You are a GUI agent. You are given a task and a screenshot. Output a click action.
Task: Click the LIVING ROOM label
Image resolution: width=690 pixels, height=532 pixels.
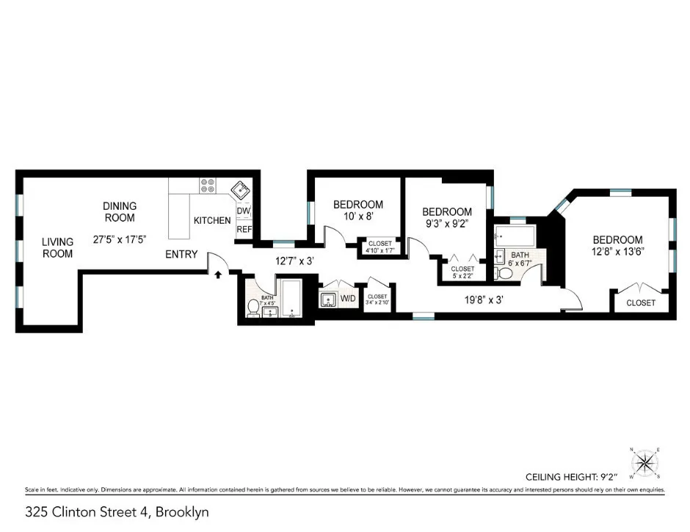(57, 247)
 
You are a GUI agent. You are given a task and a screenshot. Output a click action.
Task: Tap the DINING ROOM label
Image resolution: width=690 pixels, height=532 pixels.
(119, 212)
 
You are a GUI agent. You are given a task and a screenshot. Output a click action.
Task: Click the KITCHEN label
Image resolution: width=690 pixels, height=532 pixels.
(212, 220)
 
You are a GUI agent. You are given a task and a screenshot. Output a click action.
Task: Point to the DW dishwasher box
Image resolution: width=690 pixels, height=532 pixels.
(244, 212)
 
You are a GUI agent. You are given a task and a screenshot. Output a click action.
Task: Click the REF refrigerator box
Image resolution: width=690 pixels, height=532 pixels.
(244, 229)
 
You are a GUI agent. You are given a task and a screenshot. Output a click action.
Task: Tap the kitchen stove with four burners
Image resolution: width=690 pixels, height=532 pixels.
(208, 187)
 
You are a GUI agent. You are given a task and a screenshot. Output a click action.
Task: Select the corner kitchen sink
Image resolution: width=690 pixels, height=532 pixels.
(239, 189)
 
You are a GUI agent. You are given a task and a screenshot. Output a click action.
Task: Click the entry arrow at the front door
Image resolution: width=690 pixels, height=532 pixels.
(218, 276)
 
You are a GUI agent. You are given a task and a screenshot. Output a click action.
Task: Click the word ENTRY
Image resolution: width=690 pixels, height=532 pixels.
(181, 255)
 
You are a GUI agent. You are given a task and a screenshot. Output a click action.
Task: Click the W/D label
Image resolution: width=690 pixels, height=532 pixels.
(347, 299)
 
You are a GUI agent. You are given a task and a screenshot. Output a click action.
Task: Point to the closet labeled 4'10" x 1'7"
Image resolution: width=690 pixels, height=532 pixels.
(379, 247)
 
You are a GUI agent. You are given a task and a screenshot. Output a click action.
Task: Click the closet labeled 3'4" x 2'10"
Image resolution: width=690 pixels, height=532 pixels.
(378, 299)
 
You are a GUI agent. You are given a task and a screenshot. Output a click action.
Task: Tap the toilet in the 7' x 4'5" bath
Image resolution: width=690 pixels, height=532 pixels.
(253, 308)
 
